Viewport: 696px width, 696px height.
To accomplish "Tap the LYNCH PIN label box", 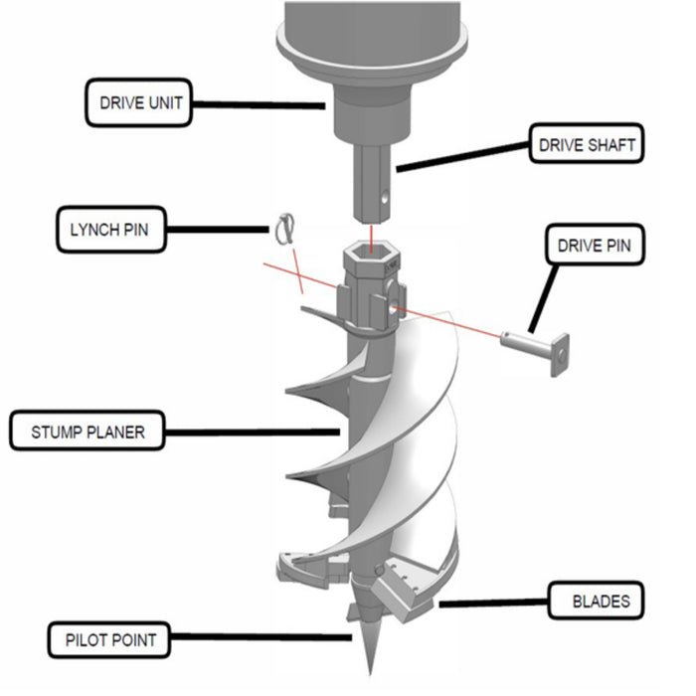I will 109,229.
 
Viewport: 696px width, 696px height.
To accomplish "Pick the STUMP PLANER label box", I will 87,432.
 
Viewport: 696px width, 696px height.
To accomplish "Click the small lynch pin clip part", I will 284,230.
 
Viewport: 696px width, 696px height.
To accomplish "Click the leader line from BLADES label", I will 492,602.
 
